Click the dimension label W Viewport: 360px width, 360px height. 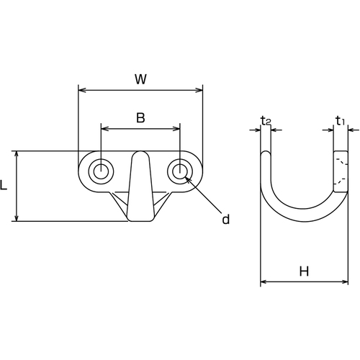pos(140,79)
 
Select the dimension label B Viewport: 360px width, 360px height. pos(140,118)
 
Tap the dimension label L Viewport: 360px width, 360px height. pos(4,185)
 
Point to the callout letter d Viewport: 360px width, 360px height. pos(225,219)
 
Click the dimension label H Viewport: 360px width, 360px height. pos(304,271)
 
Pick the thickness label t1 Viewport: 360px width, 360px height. pos(341,120)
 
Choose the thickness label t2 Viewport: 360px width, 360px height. pos(266,121)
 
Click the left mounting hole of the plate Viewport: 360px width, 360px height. pos(101,171)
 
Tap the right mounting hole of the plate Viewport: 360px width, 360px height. pos(180,171)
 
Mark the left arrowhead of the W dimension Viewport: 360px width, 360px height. pos(82,90)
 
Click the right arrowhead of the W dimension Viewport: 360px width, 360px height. pos(199,90)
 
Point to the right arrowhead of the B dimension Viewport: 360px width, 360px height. pos(176,129)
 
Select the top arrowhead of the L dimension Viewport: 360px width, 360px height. pos(17,155)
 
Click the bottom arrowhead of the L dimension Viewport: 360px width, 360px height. pos(17,217)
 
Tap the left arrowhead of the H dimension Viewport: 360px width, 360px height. pos(264,282)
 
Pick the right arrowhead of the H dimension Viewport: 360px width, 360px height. pos(345,282)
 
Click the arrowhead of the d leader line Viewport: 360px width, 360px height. pos(188,179)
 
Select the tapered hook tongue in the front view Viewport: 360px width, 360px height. pos(140,186)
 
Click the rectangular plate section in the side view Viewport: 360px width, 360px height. pos(341,171)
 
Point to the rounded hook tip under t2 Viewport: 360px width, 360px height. pos(266,154)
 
